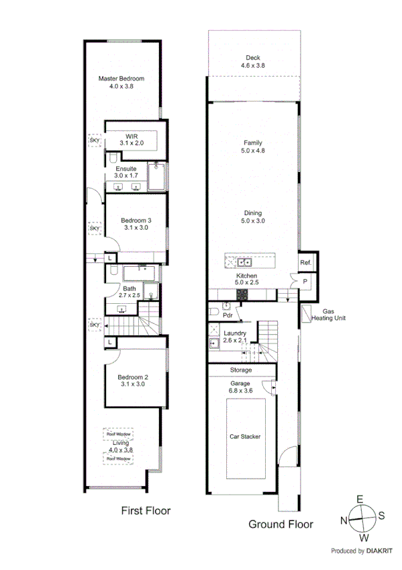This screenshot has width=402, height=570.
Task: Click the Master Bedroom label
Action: click(121, 79)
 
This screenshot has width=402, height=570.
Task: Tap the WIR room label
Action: click(131, 136)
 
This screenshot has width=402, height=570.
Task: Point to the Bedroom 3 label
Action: click(136, 220)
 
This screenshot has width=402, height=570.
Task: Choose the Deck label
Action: click(252, 58)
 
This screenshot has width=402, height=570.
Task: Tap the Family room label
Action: click(252, 142)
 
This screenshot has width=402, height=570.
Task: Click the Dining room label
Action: click(252, 212)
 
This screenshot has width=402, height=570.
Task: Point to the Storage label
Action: click(241, 370)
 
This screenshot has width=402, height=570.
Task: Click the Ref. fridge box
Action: click(305, 263)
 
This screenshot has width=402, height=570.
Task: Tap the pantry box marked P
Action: click(305, 280)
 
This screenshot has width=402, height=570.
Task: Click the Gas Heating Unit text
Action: click(329, 315)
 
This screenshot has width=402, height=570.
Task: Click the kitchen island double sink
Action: click(244, 263)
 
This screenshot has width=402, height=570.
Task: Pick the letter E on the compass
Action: click(360, 499)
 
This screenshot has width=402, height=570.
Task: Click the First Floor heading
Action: click(146, 511)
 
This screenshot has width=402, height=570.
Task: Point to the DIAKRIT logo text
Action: click(373, 551)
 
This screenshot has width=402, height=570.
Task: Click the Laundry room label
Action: click(235, 333)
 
